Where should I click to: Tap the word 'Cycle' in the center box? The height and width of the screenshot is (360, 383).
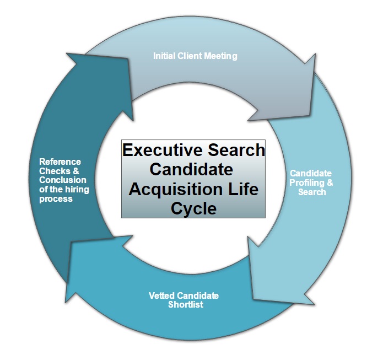pyautogui.click(x=193, y=208)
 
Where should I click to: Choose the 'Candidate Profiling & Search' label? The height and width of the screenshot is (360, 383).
pyautogui.click(x=311, y=182)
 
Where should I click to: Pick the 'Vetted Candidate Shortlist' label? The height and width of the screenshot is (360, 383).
pyautogui.click(x=184, y=300)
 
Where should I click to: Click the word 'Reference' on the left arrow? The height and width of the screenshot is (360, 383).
pyautogui.click(x=60, y=162)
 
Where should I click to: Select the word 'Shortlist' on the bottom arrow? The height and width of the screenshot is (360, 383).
pyautogui.click(x=185, y=304)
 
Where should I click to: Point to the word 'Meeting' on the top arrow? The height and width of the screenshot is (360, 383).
pyautogui.click(x=222, y=56)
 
